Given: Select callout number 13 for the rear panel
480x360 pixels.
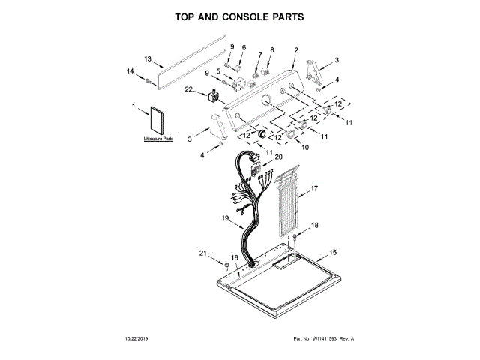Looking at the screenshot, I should [148, 58].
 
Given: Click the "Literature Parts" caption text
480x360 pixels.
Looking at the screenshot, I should [158, 139].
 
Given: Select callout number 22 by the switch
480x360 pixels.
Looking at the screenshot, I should [189, 90].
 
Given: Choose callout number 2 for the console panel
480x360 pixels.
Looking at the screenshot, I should [296, 50].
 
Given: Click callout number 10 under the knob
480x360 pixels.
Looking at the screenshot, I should [305, 148].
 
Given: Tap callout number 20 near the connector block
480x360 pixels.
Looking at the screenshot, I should [279, 157].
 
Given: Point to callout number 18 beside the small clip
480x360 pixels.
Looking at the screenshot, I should [315, 225].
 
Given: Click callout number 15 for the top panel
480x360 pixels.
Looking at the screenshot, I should [334, 252].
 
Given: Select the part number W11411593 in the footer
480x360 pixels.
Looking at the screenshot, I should [320, 340].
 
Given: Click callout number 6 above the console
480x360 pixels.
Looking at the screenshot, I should [244, 47].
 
